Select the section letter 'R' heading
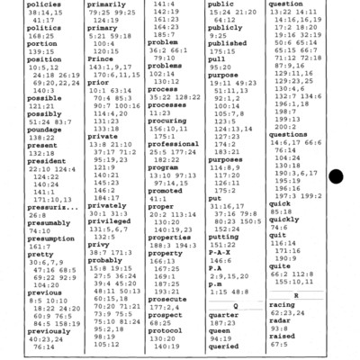pyautogui.click(x=296, y=320)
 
